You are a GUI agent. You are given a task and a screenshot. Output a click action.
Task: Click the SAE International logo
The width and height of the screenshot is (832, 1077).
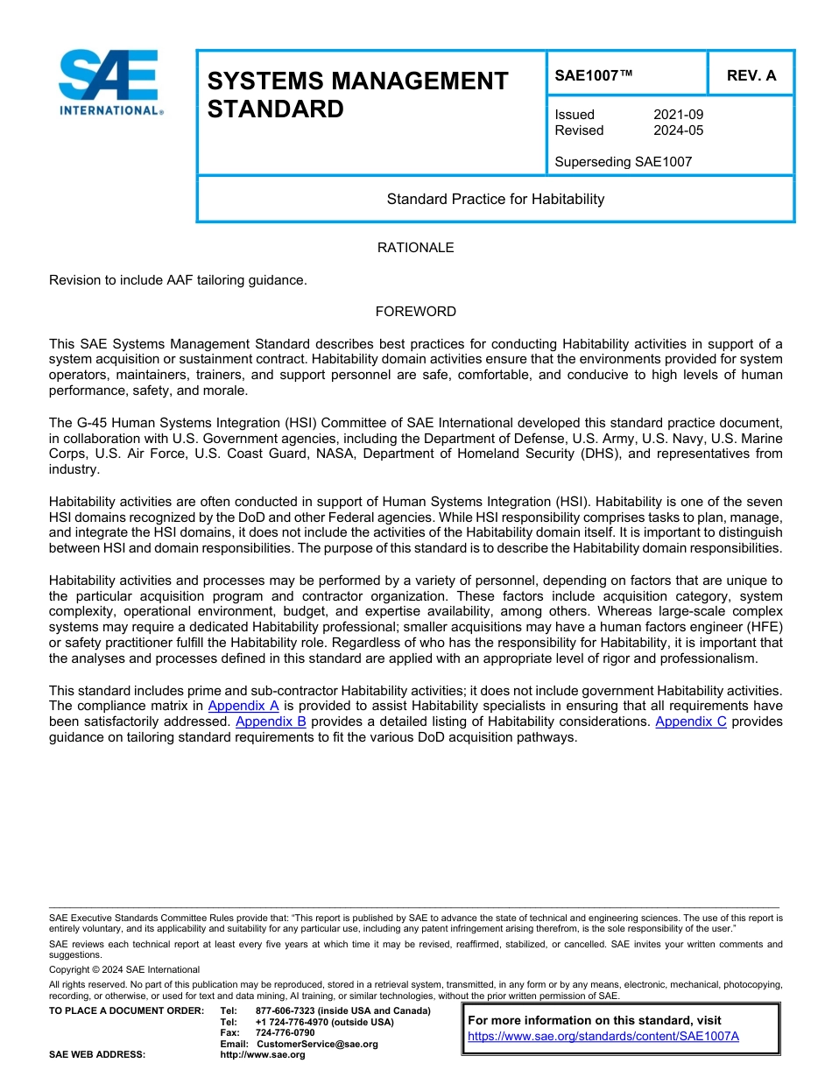(x=109, y=81)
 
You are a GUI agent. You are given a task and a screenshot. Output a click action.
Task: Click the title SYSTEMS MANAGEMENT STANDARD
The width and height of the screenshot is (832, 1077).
(x=357, y=95)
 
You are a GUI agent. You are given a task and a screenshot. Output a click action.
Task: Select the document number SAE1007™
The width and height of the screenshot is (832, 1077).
(x=594, y=75)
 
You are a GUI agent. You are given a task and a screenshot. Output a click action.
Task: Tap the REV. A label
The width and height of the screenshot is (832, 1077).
(x=751, y=75)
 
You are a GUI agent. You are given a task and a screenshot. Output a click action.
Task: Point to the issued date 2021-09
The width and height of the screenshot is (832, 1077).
(x=678, y=115)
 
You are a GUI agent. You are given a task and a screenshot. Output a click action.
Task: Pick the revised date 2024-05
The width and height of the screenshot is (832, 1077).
(x=678, y=130)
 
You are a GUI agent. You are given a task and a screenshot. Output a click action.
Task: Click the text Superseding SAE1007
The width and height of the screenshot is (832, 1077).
(x=623, y=162)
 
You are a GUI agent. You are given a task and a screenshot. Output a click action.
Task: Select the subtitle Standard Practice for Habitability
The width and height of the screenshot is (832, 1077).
(x=496, y=199)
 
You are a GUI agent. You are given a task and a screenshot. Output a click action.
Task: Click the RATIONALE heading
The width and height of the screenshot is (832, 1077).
(x=415, y=248)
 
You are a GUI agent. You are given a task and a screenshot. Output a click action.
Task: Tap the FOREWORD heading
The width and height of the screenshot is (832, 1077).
(x=415, y=312)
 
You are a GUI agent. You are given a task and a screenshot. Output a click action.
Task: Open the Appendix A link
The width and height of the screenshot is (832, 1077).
(x=243, y=705)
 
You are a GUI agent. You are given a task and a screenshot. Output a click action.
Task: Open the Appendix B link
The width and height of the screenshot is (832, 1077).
(x=271, y=722)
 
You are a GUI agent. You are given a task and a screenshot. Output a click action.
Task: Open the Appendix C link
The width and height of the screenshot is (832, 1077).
(x=690, y=722)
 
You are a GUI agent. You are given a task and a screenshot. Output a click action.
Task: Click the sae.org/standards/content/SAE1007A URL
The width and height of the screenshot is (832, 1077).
(x=603, y=1036)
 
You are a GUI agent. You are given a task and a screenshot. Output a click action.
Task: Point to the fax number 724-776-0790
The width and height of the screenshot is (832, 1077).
(x=285, y=1033)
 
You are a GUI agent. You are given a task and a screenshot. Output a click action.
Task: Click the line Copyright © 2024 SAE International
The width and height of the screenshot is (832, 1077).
(x=124, y=969)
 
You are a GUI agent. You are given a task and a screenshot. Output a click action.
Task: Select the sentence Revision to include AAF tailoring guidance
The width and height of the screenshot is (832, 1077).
(x=178, y=280)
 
